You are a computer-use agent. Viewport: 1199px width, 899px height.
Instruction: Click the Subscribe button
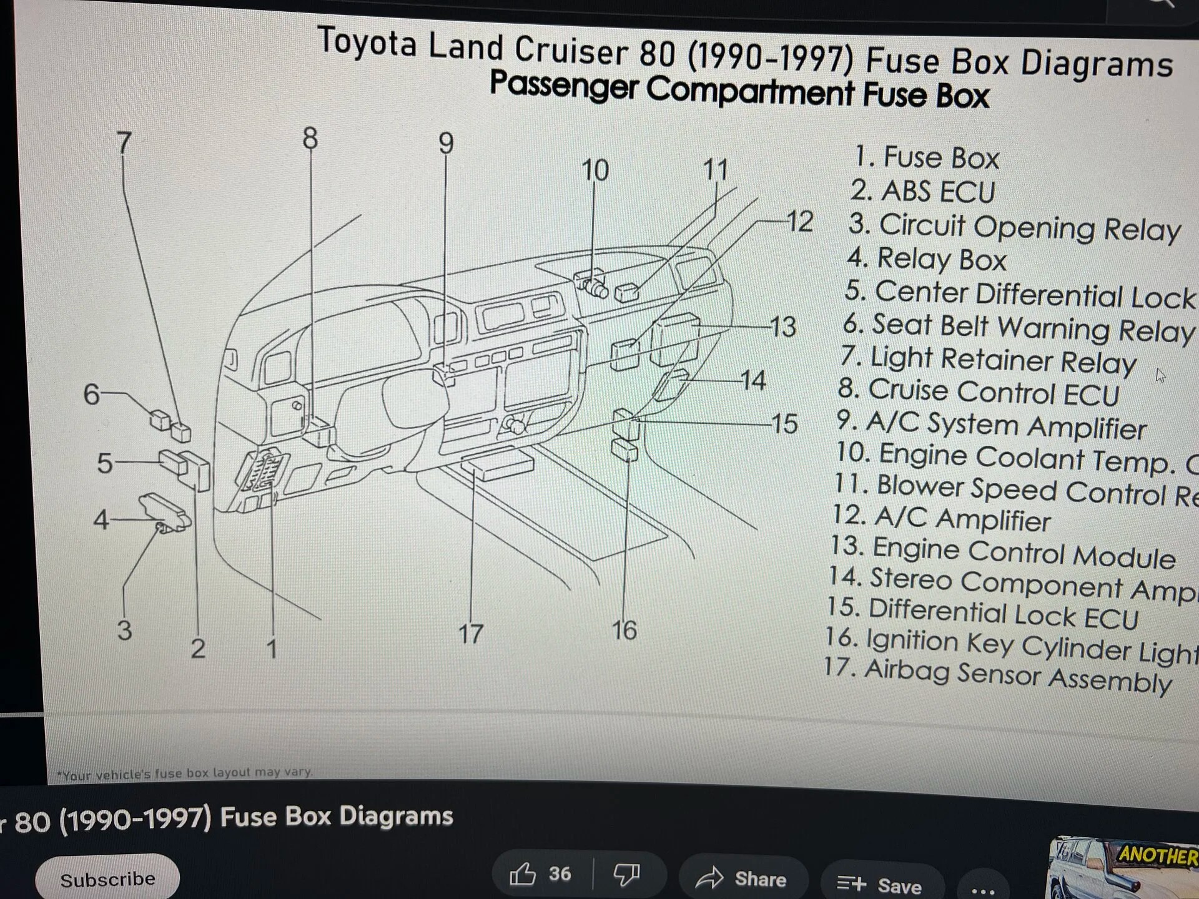click(x=107, y=879)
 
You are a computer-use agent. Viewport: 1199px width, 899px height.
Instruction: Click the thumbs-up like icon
click(x=522, y=874)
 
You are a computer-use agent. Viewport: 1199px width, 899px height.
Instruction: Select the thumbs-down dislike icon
click(x=626, y=874)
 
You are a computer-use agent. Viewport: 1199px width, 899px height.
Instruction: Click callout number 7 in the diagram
click(x=124, y=143)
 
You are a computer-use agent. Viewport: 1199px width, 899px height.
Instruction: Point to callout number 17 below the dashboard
click(x=471, y=634)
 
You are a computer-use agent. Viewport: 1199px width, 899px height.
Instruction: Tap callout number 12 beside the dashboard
click(x=800, y=222)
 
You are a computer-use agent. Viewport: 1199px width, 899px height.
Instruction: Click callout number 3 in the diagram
click(x=124, y=629)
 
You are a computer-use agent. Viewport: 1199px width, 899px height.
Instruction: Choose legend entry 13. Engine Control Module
click(x=1002, y=552)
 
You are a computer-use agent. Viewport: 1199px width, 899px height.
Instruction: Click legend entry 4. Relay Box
click(x=927, y=258)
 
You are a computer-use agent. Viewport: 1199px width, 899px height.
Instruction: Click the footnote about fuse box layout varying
click(x=184, y=774)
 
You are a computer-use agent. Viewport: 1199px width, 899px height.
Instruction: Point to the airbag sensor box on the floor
click(x=498, y=465)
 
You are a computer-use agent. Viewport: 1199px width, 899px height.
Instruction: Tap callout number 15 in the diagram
click(x=784, y=424)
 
